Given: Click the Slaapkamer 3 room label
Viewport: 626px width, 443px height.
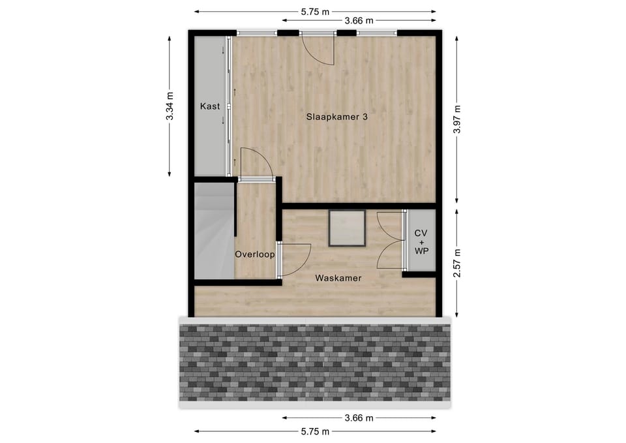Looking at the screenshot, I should coord(338,117).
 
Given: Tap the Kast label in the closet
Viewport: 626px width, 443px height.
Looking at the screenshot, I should coord(209,106).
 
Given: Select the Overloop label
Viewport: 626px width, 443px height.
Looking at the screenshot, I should coord(254,255).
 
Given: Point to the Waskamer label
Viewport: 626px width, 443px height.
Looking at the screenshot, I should coord(338,278).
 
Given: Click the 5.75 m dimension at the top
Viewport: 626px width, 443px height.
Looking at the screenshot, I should coord(315,12).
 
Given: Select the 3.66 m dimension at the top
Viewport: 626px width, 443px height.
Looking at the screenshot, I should coord(358,21).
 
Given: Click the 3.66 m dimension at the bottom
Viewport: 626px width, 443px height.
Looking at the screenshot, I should coord(358,418).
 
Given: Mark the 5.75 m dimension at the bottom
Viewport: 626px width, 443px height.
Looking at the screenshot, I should coord(315,431).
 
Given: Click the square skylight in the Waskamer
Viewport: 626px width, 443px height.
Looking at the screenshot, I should coord(347,228).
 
